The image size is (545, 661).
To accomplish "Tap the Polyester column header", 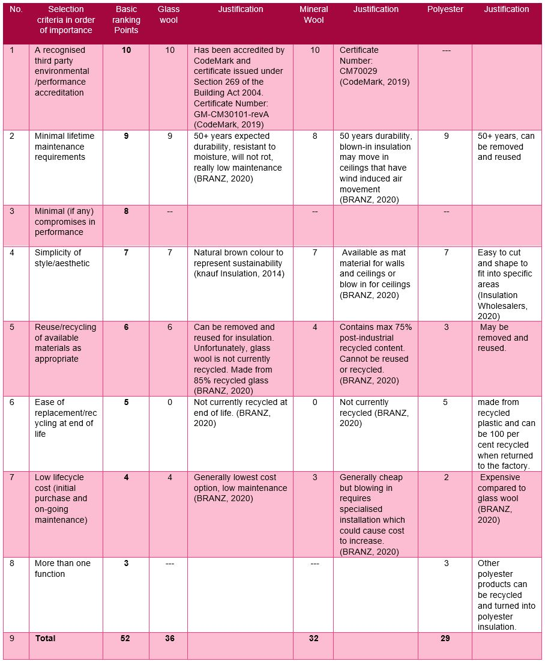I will [445, 9].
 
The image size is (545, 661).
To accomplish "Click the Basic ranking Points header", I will [126, 20].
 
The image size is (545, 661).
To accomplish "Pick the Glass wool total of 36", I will [170, 638].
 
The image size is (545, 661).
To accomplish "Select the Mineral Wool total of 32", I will [314, 638].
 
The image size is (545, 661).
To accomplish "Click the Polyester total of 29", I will [445, 638].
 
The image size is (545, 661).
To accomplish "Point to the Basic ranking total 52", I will [126, 638].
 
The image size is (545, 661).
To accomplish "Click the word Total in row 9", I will [45, 638].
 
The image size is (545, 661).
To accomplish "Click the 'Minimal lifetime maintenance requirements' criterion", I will [64, 147].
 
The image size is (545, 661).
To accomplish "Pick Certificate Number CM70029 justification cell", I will [375, 66].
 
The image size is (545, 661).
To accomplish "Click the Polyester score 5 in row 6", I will [445, 403].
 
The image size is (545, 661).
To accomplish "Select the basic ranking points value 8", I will [126, 212].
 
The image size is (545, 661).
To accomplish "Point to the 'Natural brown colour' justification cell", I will [238, 263].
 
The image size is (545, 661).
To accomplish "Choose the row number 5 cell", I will [12, 327].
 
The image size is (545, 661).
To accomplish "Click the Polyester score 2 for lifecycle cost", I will [445, 478].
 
